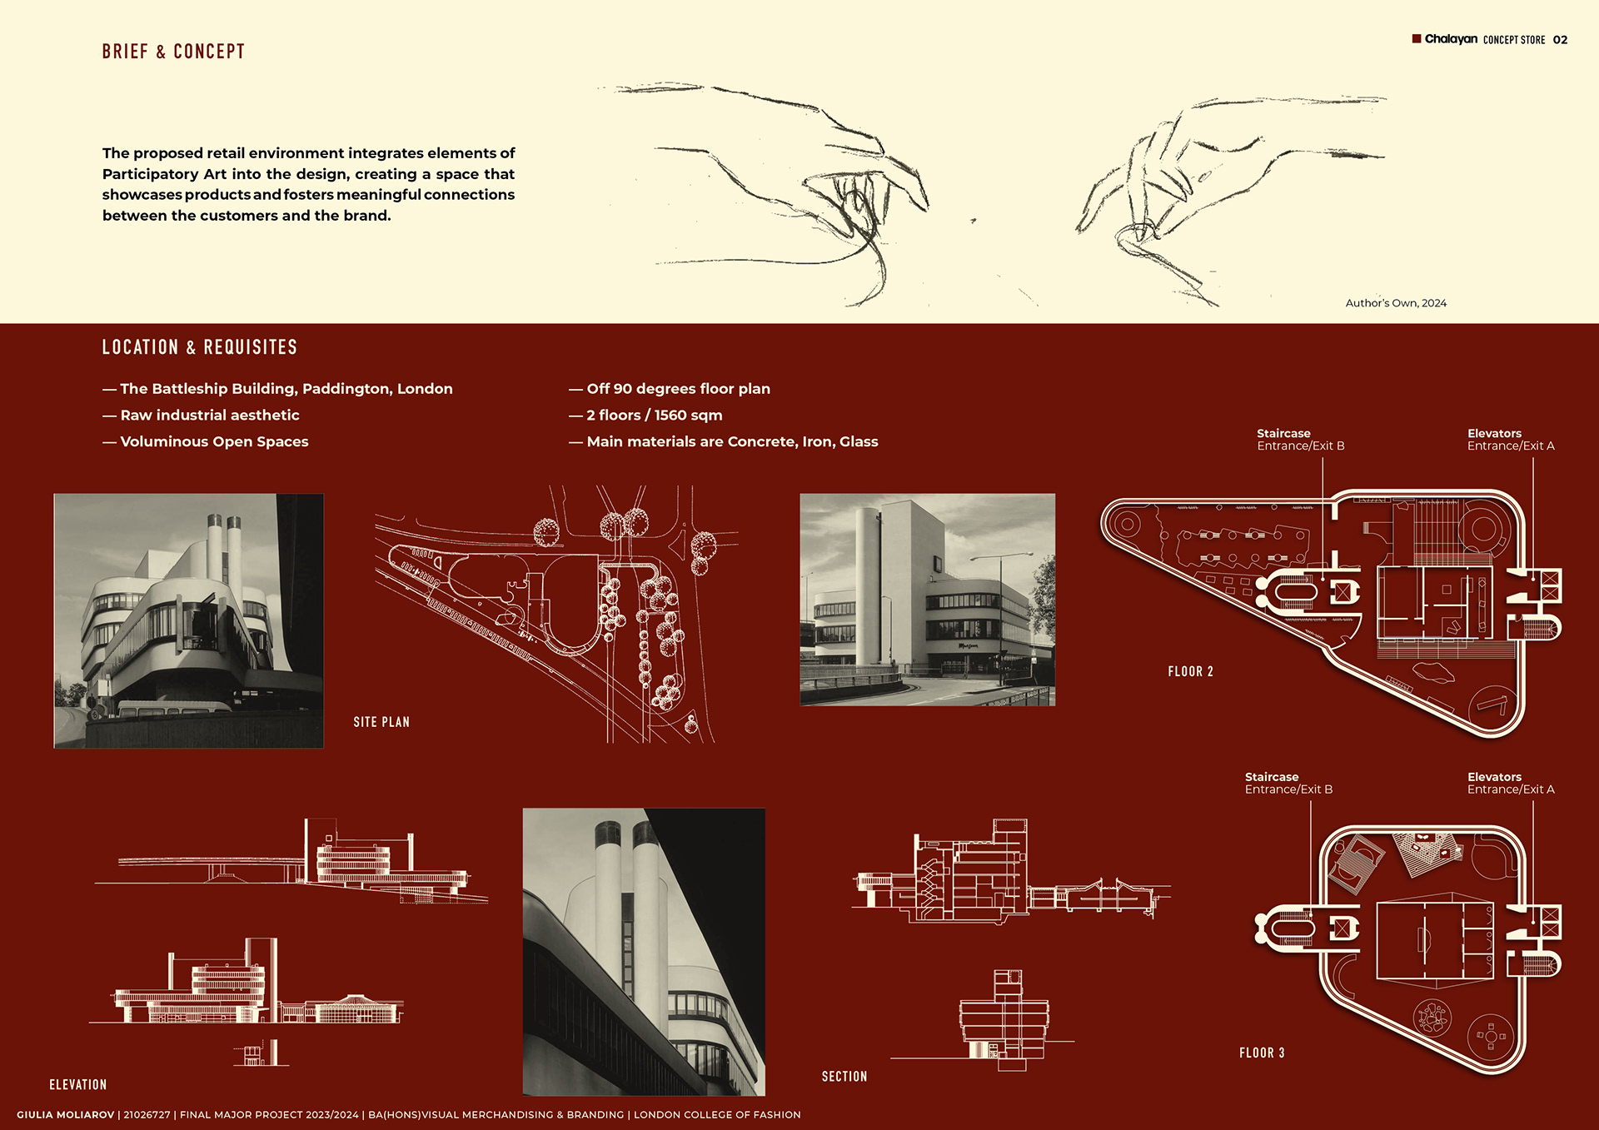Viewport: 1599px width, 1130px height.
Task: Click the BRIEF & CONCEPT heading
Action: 173,52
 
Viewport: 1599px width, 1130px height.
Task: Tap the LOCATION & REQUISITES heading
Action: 199,347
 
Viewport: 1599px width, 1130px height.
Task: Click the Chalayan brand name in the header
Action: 1451,39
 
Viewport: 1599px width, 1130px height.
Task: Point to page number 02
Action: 1560,40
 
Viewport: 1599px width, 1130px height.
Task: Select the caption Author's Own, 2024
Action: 1396,303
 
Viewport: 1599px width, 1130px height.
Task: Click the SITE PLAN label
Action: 381,722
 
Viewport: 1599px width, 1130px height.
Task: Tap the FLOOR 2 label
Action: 1190,672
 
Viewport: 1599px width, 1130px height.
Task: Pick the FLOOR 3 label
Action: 1262,1053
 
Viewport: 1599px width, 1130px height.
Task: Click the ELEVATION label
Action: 78,1085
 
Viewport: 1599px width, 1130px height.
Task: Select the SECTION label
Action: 844,1077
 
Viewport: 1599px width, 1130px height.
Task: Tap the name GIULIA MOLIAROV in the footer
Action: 65,1115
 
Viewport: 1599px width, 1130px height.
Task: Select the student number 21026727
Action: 147,1115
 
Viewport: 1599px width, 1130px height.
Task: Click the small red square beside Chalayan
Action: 1417,38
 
